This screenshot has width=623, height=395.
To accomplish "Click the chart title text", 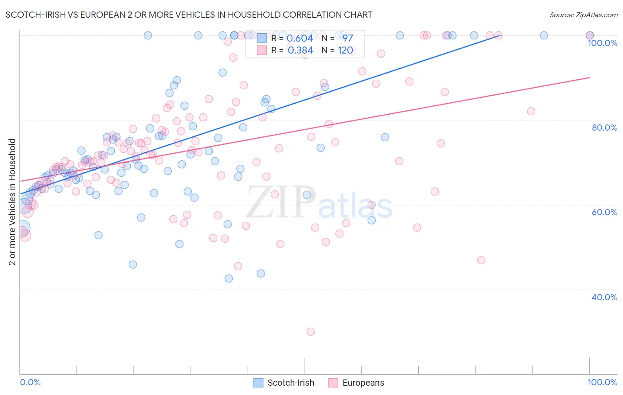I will pyautogui.click(x=189, y=15).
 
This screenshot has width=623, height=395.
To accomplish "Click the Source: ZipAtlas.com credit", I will pyautogui.click(x=583, y=15).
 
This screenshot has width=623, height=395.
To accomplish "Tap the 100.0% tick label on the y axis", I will pyautogui.click(x=602, y=43).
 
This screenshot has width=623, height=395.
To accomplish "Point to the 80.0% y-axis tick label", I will pyautogui.click(x=604, y=128).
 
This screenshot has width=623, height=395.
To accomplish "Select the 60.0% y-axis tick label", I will pyautogui.click(x=604, y=212).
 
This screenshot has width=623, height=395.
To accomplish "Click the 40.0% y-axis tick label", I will pyautogui.click(x=604, y=297).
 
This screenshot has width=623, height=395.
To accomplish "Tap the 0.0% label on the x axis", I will pyautogui.click(x=30, y=382).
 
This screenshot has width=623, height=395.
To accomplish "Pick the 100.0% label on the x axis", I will pyautogui.click(x=602, y=382).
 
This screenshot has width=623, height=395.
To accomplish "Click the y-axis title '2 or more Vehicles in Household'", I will pyautogui.click(x=12, y=202).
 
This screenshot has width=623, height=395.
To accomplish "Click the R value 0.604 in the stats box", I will pyautogui.click(x=300, y=39).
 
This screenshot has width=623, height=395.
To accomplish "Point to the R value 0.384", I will pyautogui.click(x=300, y=50).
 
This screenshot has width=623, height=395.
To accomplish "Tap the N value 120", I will pyautogui.click(x=345, y=50).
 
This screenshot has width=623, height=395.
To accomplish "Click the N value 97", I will pyautogui.click(x=347, y=39).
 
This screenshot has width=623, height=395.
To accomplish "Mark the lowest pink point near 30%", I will pyautogui.click(x=311, y=332).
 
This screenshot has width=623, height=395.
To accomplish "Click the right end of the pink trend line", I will pyautogui.click(x=589, y=77).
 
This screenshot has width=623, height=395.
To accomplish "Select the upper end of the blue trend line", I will pyautogui.click(x=500, y=35).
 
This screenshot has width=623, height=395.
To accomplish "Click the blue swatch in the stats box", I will pyautogui.click(x=262, y=39).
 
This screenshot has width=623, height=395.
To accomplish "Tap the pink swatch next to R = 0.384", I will pyautogui.click(x=262, y=50).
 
